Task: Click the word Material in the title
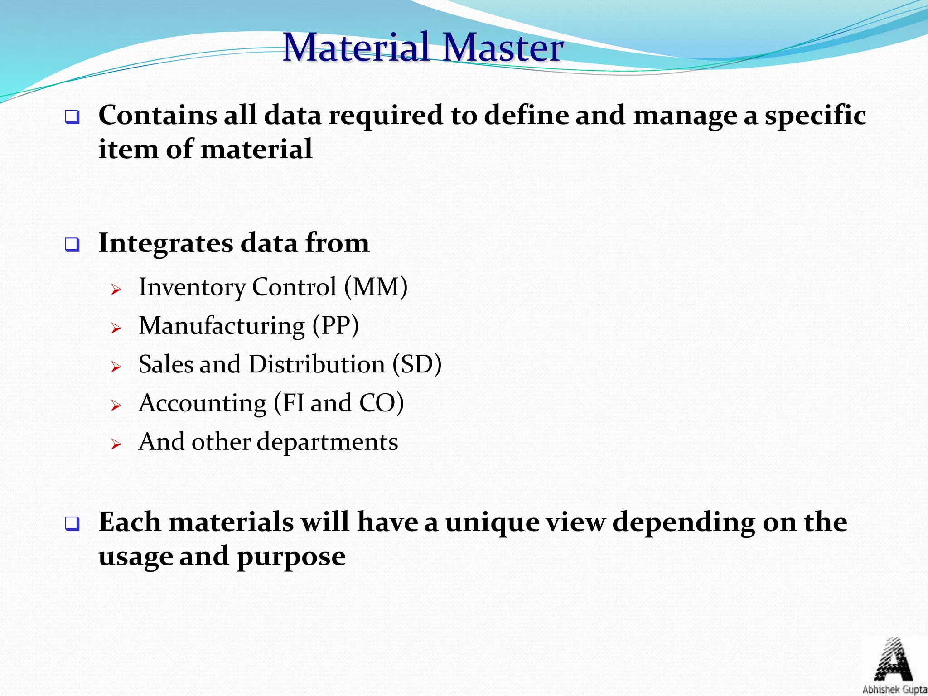(356, 47)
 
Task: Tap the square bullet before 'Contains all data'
(72, 117)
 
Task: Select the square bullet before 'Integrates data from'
(72, 245)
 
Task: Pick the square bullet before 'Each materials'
(72, 524)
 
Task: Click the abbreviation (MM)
(376, 287)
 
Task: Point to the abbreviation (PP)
(336, 326)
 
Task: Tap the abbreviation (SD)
(416, 364)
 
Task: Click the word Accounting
(203, 403)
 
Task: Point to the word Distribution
(316, 364)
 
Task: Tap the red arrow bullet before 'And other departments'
(116, 444)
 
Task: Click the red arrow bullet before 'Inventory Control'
(116, 289)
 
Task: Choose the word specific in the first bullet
(815, 116)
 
